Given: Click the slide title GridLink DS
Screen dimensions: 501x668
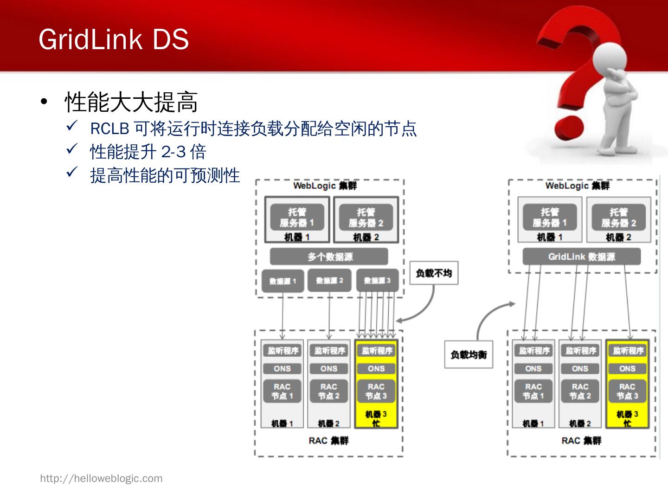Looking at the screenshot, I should [x=114, y=39].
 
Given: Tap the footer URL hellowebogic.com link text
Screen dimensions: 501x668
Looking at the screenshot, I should [x=101, y=478].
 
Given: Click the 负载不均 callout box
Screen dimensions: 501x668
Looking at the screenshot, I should [x=434, y=273].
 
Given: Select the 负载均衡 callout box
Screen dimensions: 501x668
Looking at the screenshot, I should [x=469, y=355].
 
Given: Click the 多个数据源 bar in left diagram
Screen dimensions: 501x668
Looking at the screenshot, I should [x=329, y=257].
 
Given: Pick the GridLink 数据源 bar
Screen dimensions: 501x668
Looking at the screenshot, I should [x=581, y=257].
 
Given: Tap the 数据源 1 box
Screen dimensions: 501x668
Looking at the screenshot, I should [x=283, y=281].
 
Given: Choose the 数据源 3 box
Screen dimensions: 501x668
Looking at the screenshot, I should [x=377, y=280].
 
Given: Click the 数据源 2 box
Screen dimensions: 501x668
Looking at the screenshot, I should [x=329, y=280].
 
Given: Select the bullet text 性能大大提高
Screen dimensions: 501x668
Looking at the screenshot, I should [x=131, y=102].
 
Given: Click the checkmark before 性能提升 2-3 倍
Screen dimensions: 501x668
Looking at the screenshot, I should [x=71, y=149].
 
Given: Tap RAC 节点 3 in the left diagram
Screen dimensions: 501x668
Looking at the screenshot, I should [x=376, y=391].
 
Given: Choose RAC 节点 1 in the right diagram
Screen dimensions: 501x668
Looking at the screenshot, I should [x=533, y=391].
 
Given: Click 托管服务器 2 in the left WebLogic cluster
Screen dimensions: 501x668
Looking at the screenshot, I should [x=366, y=218].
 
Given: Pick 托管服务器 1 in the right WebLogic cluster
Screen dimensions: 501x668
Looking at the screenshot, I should [x=550, y=218].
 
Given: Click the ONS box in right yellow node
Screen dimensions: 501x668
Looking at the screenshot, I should [x=627, y=369].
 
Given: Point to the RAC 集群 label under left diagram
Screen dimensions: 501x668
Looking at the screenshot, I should [x=328, y=441].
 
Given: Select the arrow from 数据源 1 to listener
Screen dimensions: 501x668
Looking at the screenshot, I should [x=282, y=315].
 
